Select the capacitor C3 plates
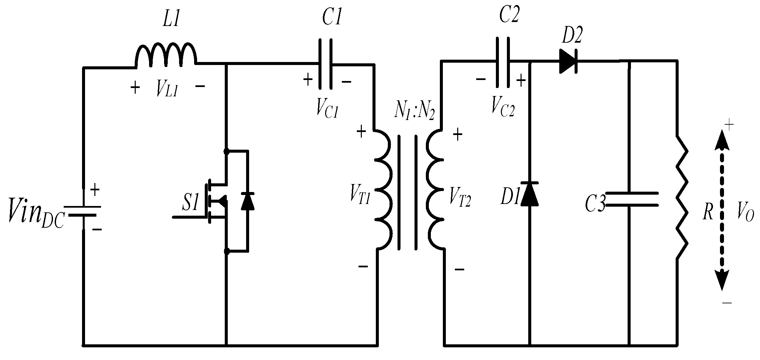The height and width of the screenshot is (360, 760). click(631, 199)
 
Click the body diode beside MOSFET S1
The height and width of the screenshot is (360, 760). click(247, 201)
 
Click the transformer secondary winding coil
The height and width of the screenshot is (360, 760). click(435, 190)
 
